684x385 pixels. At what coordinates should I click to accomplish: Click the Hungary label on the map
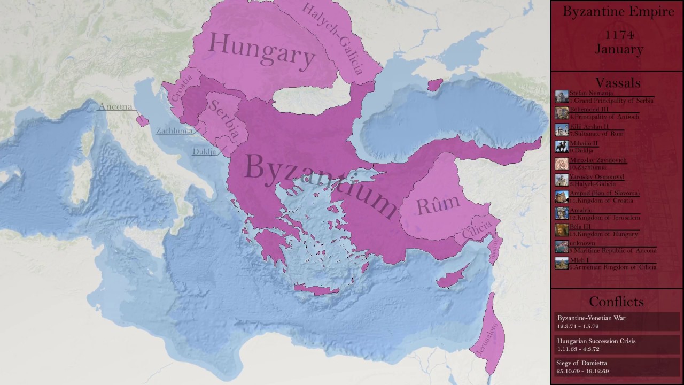pos(261,51)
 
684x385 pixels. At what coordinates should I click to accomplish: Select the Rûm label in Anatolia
pos(438,203)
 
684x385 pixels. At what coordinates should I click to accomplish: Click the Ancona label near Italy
pos(115,107)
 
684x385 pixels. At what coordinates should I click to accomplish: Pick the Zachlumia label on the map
pos(174,131)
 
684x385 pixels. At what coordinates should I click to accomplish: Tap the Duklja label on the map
pos(204,152)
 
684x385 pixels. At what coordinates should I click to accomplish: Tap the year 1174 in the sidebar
pos(619,35)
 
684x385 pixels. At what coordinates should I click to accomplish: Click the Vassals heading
pos(618,83)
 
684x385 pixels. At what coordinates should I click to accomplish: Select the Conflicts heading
pos(616,302)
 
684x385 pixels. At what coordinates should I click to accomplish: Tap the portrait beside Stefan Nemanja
pos(562,96)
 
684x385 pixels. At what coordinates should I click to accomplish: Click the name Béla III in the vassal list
pos(580,227)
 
